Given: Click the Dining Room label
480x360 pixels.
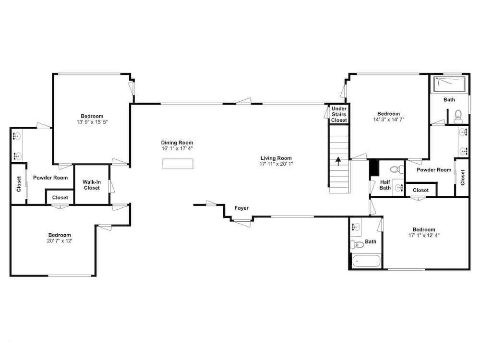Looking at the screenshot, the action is click(x=177, y=143).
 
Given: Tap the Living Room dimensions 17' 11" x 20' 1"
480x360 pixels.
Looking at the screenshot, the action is click(x=276, y=164).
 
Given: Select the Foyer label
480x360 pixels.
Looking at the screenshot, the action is click(x=241, y=208).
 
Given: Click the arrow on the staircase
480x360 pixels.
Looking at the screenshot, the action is click(x=338, y=161).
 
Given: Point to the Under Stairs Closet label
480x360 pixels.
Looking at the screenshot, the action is click(x=339, y=115).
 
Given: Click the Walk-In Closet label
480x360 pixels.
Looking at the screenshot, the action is click(x=92, y=185).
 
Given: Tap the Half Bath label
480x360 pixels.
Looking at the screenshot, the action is click(x=385, y=185).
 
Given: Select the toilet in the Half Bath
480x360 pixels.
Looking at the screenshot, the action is click(x=397, y=168).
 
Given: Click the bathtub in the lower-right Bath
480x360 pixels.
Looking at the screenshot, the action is click(x=366, y=261).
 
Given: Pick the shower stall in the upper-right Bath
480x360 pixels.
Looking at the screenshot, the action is click(x=449, y=84).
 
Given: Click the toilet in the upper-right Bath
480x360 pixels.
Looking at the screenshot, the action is click(x=458, y=117).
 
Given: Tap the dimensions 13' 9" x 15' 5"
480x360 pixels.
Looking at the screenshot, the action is click(x=92, y=122).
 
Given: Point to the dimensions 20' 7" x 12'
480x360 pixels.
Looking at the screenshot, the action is click(x=60, y=241).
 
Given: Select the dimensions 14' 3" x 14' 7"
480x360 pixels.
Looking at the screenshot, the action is click(x=389, y=120).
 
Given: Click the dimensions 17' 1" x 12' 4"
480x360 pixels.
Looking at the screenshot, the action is click(x=424, y=235).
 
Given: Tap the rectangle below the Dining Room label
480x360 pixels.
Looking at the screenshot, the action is click(x=178, y=164).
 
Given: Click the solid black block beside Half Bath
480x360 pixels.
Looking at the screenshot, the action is click(x=374, y=168).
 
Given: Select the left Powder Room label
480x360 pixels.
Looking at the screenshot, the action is click(x=50, y=178).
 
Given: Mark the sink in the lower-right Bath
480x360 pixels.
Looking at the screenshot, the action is click(x=356, y=227).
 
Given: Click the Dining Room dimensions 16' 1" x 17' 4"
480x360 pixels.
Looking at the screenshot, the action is click(x=177, y=148).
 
